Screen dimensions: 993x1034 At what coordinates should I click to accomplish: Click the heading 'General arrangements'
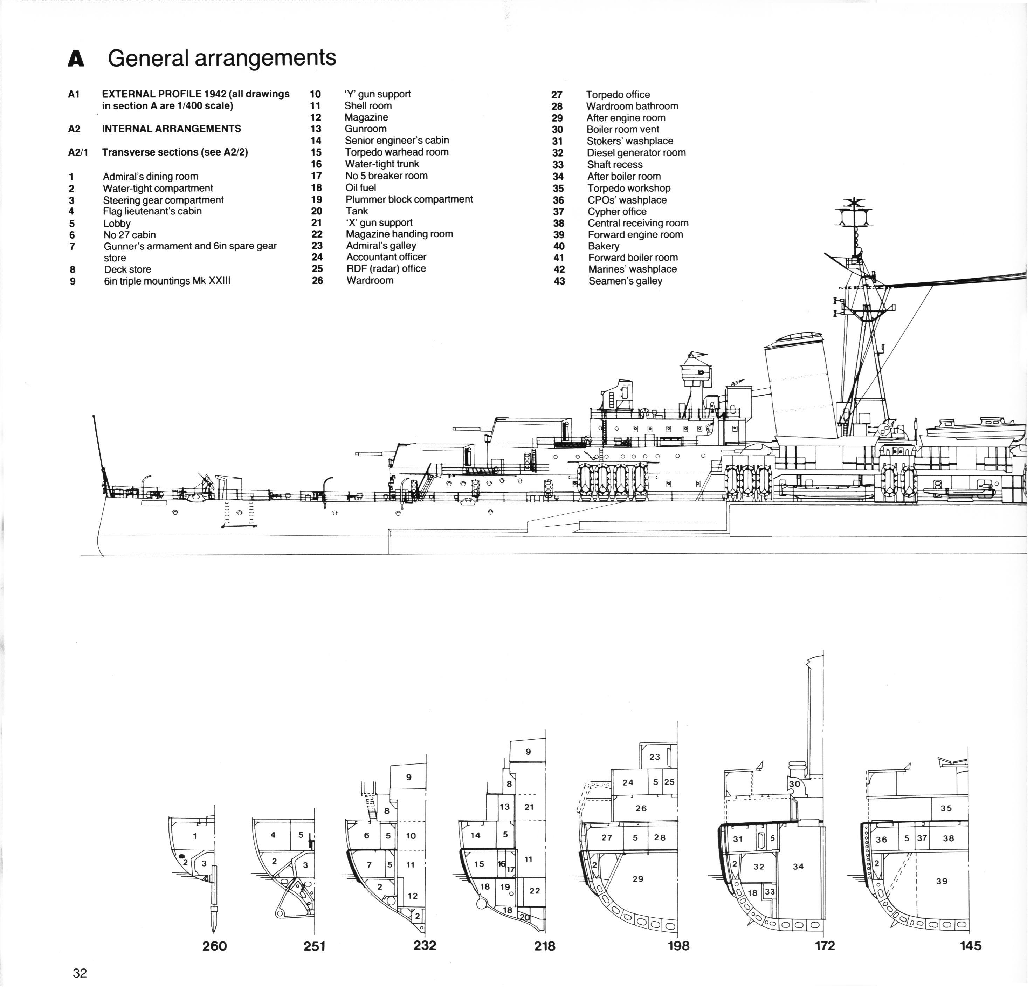[222, 58]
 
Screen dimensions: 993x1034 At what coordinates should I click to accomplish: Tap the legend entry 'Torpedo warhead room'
[397, 152]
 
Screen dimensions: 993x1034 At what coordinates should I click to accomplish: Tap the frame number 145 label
[970, 945]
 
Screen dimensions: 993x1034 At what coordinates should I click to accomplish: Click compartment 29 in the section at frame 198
[638, 878]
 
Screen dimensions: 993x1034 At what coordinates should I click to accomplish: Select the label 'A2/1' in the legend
[78, 152]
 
